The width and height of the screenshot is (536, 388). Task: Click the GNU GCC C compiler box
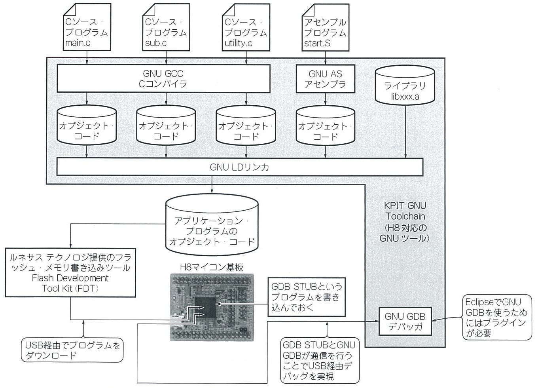point(163,78)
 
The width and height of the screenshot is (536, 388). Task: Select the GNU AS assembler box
point(325,79)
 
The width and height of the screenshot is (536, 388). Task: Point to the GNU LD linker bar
point(240,167)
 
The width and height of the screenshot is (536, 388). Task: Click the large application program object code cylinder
point(212,225)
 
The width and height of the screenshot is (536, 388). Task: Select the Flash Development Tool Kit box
point(70,272)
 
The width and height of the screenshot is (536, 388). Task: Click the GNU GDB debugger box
point(405,321)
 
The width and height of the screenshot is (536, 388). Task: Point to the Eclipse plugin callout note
point(497,318)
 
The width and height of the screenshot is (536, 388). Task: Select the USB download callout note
point(72,350)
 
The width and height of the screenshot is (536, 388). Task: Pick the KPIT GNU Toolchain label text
point(405,222)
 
